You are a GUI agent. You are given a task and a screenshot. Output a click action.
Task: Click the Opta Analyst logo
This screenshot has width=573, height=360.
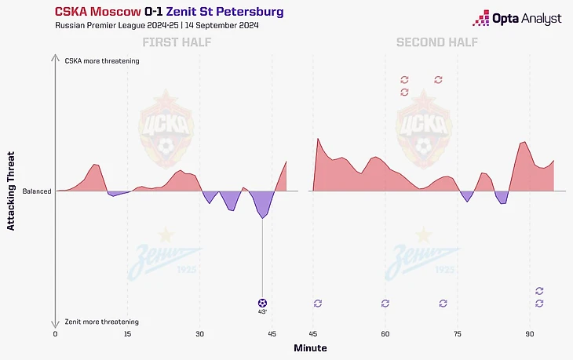516,18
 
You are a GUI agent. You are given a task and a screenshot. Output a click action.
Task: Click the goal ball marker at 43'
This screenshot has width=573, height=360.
262,303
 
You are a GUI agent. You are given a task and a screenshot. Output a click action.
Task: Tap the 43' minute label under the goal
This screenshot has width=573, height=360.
262,312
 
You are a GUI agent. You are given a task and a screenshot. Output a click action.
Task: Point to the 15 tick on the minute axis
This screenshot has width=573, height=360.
127,333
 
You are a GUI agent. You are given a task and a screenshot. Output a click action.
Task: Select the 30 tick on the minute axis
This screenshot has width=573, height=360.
199,333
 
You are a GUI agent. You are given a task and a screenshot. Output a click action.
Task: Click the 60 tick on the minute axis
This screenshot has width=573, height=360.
385,333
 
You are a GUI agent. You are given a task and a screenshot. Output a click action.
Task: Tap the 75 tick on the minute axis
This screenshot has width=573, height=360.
457,333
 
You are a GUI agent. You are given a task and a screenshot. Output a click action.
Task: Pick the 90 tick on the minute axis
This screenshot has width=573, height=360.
530,333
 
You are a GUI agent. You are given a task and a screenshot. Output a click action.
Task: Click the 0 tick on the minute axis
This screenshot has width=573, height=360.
55,333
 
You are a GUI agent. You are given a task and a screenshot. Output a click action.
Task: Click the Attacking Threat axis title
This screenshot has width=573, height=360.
11,191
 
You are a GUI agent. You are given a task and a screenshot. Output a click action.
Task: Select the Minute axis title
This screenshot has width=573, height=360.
310,347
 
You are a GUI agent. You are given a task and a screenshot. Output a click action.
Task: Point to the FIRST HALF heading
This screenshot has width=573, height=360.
171,42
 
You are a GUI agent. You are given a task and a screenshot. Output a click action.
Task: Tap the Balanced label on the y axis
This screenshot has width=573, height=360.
36,191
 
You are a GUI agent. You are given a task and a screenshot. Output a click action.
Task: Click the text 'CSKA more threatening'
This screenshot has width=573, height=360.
102,60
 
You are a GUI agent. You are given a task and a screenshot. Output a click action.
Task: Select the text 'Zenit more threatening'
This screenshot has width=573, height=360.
102,322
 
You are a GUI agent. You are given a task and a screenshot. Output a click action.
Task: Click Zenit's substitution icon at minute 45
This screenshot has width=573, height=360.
318,303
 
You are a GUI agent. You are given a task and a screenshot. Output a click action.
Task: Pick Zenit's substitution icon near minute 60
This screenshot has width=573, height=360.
385,303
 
